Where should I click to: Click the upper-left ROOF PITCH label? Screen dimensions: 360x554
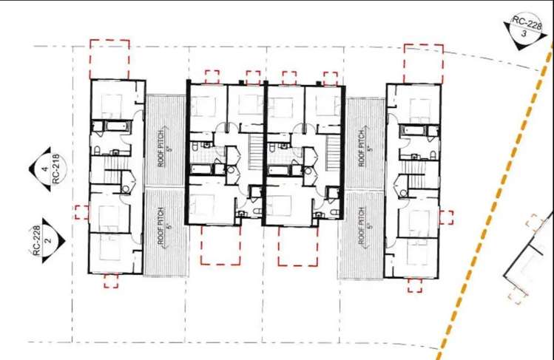(x=164, y=140)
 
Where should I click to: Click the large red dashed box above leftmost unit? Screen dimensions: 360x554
(x=109, y=59)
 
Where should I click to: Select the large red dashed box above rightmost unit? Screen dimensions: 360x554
(x=423, y=64)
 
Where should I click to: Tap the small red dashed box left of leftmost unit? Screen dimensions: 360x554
(x=80, y=211)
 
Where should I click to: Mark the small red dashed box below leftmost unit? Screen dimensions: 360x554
(x=111, y=280)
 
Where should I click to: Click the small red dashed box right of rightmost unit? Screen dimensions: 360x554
(x=446, y=217)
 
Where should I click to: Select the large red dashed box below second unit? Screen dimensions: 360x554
(x=220, y=245)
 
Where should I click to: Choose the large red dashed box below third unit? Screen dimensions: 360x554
(x=298, y=245)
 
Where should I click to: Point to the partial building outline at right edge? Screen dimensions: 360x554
(x=527, y=266)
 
